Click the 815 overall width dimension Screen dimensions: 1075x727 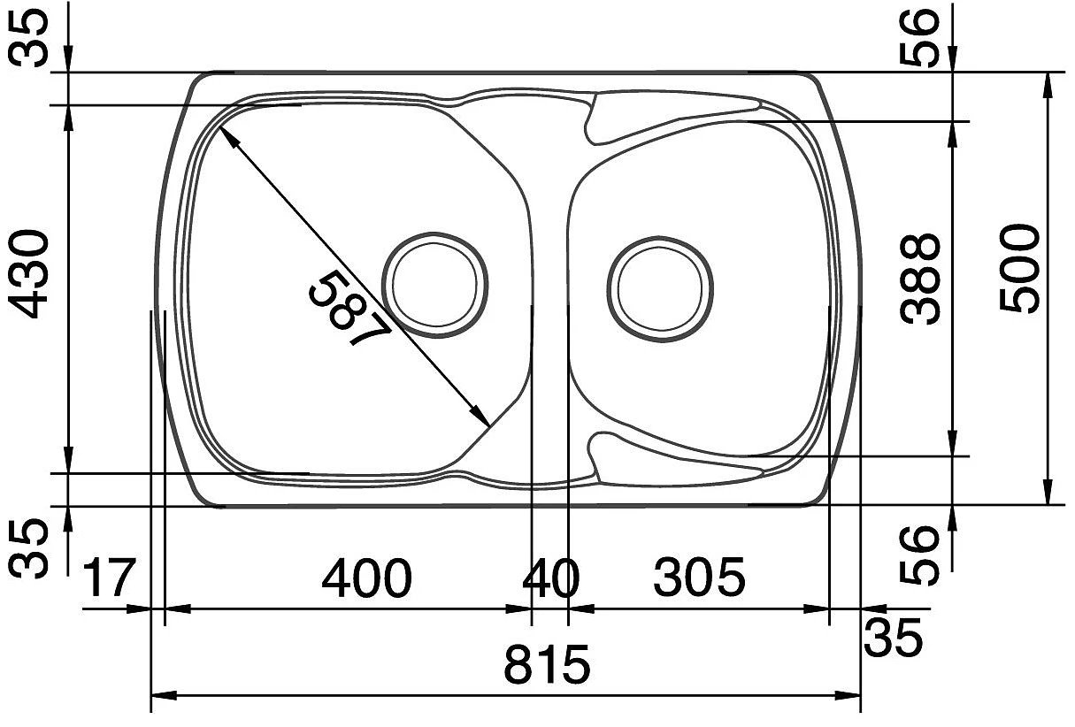click(x=547, y=665)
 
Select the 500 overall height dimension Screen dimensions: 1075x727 click(x=1019, y=268)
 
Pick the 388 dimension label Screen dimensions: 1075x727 click(x=919, y=279)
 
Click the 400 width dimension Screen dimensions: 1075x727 click(x=366, y=578)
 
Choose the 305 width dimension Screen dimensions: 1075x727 click(x=699, y=577)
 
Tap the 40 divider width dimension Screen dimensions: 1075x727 click(x=551, y=578)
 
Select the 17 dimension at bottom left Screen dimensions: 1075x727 click(x=109, y=578)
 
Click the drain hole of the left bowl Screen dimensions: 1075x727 click(x=434, y=285)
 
